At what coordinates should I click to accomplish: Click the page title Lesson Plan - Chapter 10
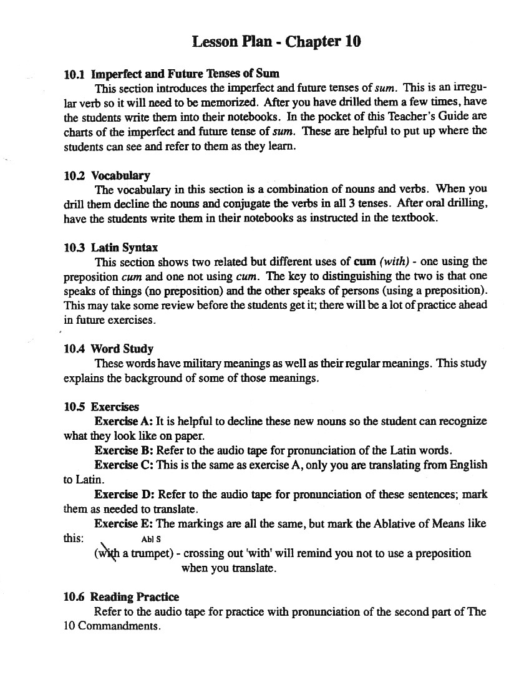(x=276, y=42)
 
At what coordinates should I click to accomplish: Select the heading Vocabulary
(x=120, y=176)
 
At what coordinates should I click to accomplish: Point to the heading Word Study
(x=122, y=349)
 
